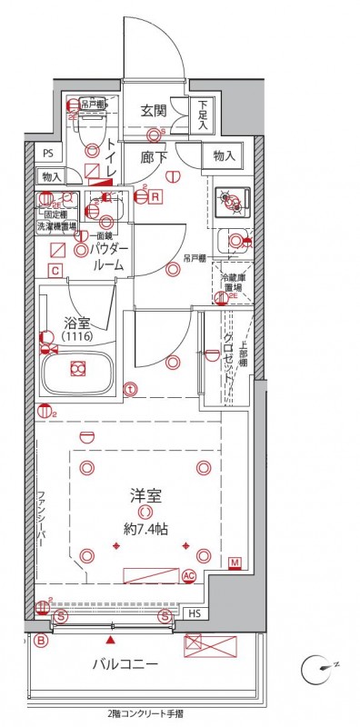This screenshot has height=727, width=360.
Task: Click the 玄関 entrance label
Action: pos(154,111)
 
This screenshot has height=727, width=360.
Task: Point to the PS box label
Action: pos(48,154)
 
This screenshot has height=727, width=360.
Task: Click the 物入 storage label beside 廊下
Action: pos(225,156)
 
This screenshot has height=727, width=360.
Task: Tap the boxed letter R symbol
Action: pos(155,195)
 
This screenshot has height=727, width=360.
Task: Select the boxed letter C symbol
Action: pos(55,270)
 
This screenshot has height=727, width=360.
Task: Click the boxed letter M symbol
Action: pos(235,563)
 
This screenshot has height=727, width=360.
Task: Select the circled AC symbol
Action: pos(189,575)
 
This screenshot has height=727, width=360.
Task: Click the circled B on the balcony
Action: pos(41,640)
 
